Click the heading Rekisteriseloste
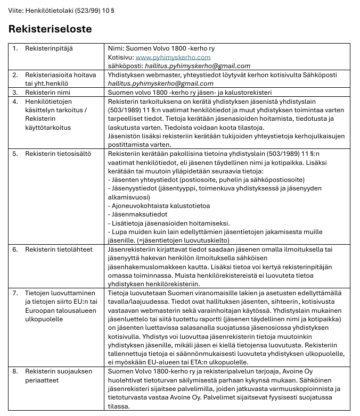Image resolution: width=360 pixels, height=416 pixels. click(x=50, y=29)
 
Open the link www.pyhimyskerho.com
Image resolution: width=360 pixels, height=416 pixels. click(x=173, y=57)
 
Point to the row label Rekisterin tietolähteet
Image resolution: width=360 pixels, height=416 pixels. click(x=59, y=249)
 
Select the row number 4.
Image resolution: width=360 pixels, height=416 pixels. click(x=15, y=100)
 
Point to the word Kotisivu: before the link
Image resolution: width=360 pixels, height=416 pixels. click(x=120, y=57)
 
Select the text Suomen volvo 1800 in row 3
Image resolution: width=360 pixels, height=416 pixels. click(x=136, y=91)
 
